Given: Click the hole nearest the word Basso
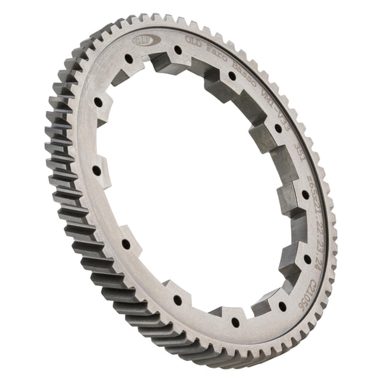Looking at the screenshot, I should point(232,76).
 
